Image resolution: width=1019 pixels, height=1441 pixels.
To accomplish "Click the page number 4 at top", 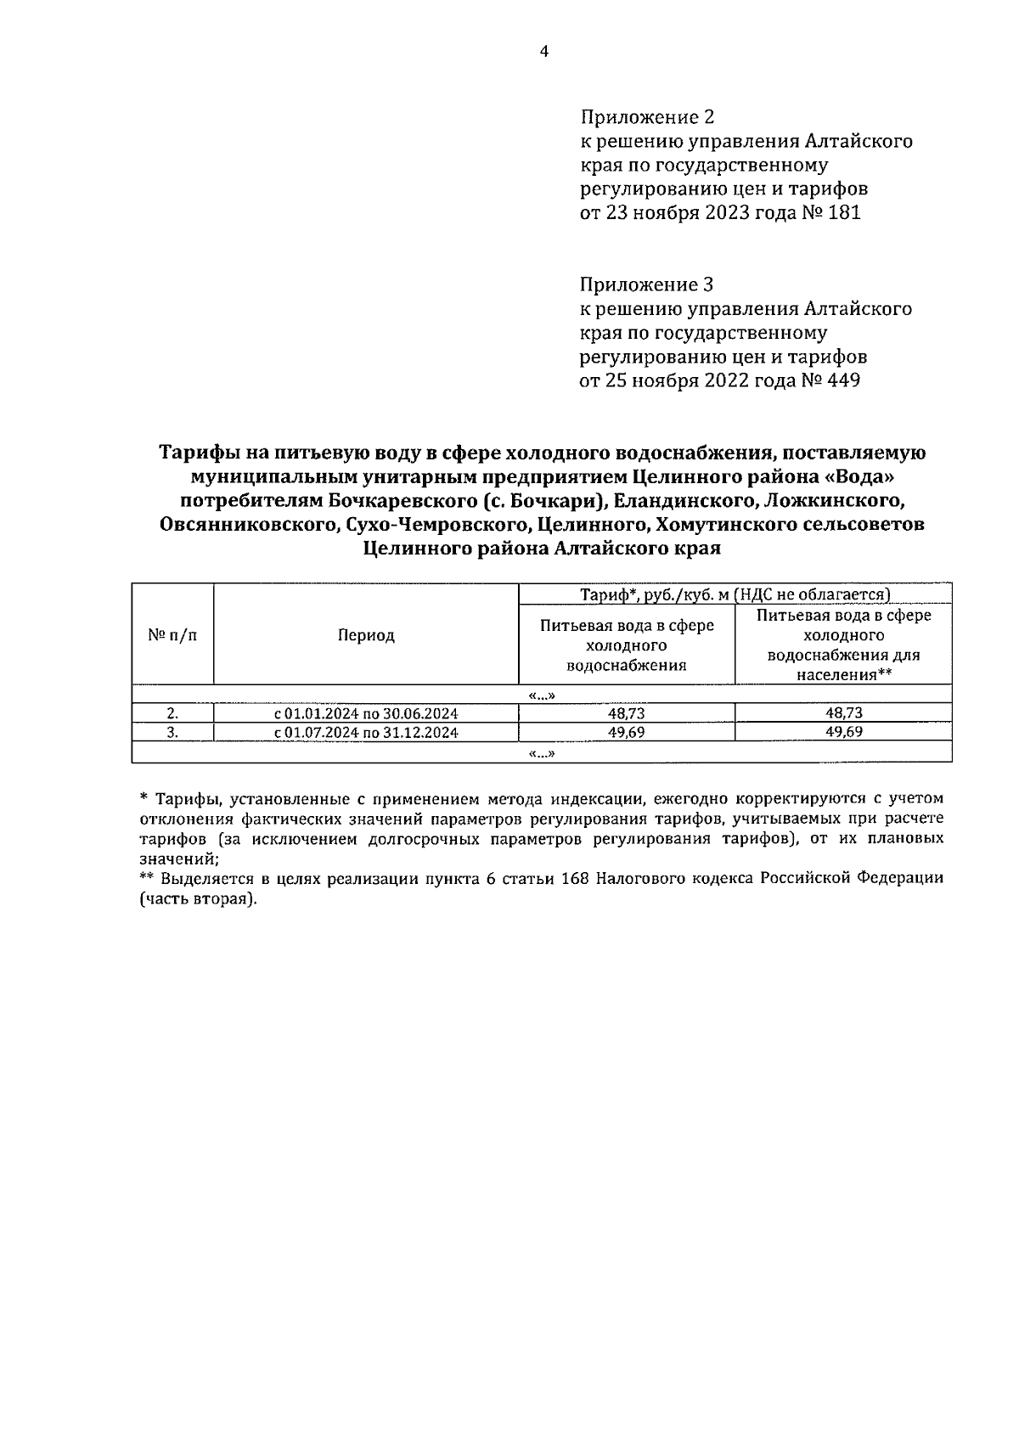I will pos(544,52).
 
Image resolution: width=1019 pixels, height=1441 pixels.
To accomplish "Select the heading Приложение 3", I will pos(647,284).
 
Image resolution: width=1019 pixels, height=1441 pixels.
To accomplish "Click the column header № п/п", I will pos(172,635).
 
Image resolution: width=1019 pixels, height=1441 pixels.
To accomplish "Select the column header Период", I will pos(366,635).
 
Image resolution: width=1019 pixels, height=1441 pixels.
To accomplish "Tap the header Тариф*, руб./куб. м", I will pos(654,594).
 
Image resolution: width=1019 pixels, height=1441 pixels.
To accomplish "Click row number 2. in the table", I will pos(172,713).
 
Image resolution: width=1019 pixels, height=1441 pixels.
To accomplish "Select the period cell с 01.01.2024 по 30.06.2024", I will pos(366,713).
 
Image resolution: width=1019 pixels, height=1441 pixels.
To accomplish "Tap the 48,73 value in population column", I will pos(843,713).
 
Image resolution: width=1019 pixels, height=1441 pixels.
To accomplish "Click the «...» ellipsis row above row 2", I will pos(542,695).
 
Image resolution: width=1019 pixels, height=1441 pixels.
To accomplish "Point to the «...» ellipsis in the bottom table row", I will pos(542,753).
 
